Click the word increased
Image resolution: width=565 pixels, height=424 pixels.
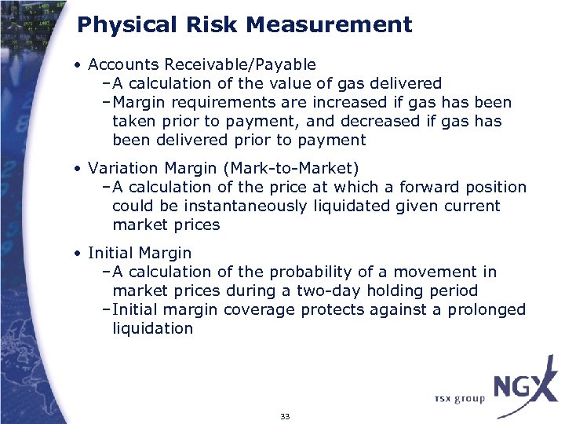pos(345,102)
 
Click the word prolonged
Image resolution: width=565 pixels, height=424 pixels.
pos(487,309)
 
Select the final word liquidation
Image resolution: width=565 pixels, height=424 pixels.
pos(152,328)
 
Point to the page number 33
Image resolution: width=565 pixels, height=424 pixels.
pos(284,416)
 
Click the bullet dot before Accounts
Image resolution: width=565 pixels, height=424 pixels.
pos(79,65)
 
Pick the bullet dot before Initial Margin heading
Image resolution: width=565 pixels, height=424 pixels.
pos(79,254)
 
